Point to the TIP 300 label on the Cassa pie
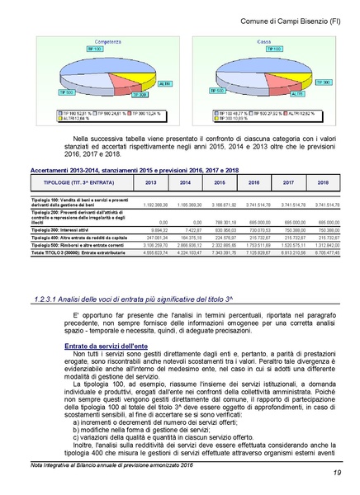click(322, 82)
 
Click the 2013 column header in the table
click(150, 182)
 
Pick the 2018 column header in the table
click(323, 182)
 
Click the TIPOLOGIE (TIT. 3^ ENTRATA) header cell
click(79, 182)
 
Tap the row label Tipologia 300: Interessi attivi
click(63, 229)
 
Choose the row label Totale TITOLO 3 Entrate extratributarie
click(73, 252)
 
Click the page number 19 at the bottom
click(338, 473)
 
